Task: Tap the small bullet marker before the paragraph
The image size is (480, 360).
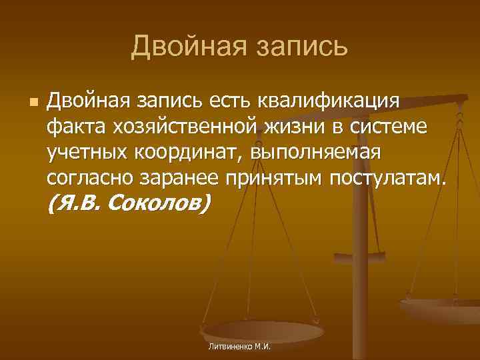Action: pyautogui.click(x=33, y=103)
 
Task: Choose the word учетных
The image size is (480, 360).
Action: pyautogui.click(x=81, y=151)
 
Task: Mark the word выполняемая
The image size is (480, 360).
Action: pyautogui.click(x=315, y=151)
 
